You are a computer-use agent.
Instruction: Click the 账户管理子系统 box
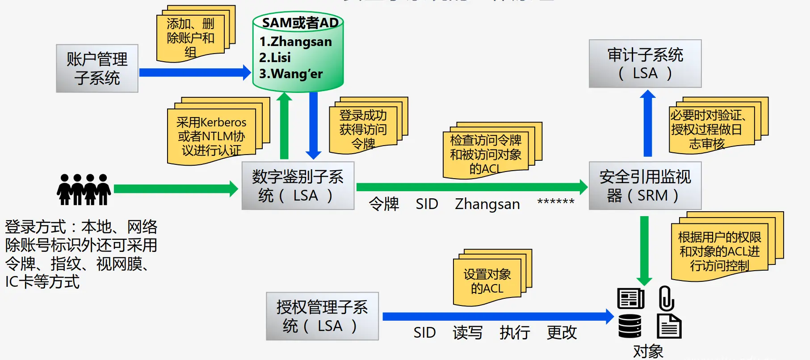pyautogui.click(x=97, y=68)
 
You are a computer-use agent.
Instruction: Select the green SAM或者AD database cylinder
pyautogui.click(x=298, y=51)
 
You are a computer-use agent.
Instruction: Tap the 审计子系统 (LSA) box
pyautogui.click(x=645, y=63)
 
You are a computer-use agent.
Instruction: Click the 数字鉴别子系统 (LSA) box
pyautogui.click(x=298, y=186)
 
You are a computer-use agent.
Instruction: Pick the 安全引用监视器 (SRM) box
pyautogui.click(x=645, y=186)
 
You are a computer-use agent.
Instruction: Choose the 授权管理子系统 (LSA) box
pyautogui.click(x=322, y=316)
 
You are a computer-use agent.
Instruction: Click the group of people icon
pyautogui.click(x=84, y=189)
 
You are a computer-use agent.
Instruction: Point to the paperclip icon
pyautogui.click(x=667, y=298)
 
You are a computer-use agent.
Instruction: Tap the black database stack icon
pyautogui.click(x=630, y=326)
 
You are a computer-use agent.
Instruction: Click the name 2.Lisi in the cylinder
pyautogui.click(x=275, y=58)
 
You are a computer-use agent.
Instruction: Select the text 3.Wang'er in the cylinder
pyautogui.click(x=291, y=74)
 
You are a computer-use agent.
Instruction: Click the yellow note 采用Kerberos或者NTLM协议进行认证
pyautogui.click(x=211, y=136)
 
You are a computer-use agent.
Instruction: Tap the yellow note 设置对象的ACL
pyautogui.click(x=487, y=281)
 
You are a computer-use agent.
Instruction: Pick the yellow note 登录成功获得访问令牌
pyautogui.click(x=363, y=129)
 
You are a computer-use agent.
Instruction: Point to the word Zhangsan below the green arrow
pyautogui.click(x=487, y=204)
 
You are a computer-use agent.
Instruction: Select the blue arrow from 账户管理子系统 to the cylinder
pyautogui.click(x=195, y=72)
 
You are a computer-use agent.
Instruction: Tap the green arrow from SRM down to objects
pyautogui.click(x=644, y=250)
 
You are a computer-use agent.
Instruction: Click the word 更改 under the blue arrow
pyautogui.click(x=562, y=333)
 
